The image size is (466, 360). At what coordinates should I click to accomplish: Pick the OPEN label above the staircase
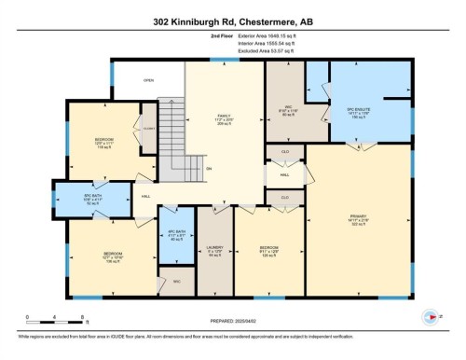[x=148, y=80]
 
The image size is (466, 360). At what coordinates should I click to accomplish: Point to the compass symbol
[x=432, y=316]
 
